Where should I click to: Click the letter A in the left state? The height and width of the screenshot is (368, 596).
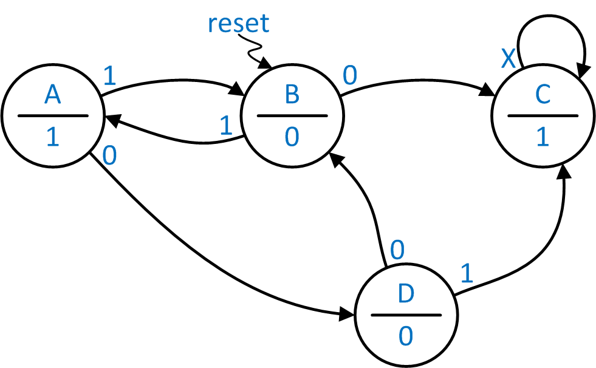tap(53, 95)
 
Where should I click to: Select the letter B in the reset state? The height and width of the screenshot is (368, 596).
tap(292, 95)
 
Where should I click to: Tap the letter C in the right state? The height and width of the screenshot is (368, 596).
tap(543, 95)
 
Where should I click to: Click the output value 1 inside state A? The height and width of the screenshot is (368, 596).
tap(53, 137)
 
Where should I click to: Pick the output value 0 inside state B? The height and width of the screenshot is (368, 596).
tap(292, 137)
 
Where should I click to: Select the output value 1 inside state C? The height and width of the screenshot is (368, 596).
tap(543, 137)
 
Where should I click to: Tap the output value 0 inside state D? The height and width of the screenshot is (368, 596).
tap(405, 336)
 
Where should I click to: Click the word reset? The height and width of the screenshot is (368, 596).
tap(238, 23)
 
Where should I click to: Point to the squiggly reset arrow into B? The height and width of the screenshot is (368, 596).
tap(253, 50)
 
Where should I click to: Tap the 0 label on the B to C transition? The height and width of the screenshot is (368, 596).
tap(350, 76)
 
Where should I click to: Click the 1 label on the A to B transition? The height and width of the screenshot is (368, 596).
tap(110, 76)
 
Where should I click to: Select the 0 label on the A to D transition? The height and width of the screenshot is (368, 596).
tap(109, 156)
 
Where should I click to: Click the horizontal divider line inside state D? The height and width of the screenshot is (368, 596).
tap(405, 315)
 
